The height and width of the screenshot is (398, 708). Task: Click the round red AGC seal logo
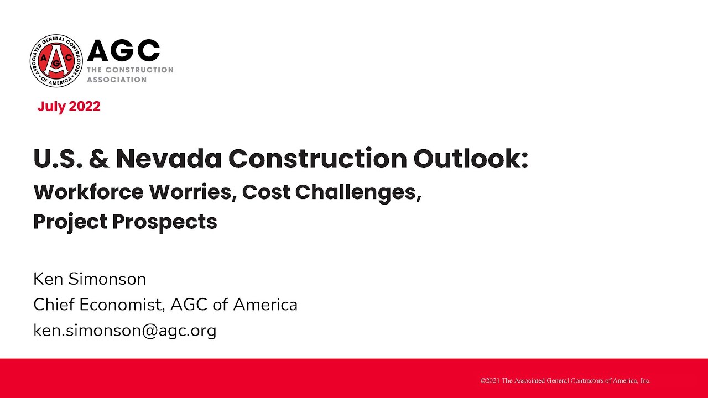(x=56, y=60)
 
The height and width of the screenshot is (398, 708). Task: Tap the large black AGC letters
(x=123, y=51)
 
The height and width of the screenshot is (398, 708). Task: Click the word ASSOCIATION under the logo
(x=117, y=80)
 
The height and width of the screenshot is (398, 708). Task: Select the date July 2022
(x=69, y=107)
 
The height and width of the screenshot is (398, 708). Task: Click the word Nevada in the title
(x=168, y=159)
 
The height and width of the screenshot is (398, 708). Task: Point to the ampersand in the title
(x=98, y=159)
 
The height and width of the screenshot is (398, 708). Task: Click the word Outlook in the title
(x=470, y=159)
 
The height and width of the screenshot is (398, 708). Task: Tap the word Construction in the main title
(x=317, y=159)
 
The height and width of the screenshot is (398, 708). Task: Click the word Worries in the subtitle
(x=188, y=192)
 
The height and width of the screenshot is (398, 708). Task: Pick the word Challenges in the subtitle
(x=358, y=192)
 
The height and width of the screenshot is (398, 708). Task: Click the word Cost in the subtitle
(x=266, y=192)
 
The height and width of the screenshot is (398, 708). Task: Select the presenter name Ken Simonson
(x=90, y=279)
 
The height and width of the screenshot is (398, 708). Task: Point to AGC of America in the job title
(x=234, y=305)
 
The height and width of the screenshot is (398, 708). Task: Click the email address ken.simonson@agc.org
(x=124, y=331)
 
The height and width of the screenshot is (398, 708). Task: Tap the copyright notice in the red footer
(x=565, y=380)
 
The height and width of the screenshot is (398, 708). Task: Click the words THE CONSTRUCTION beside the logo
(x=130, y=70)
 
